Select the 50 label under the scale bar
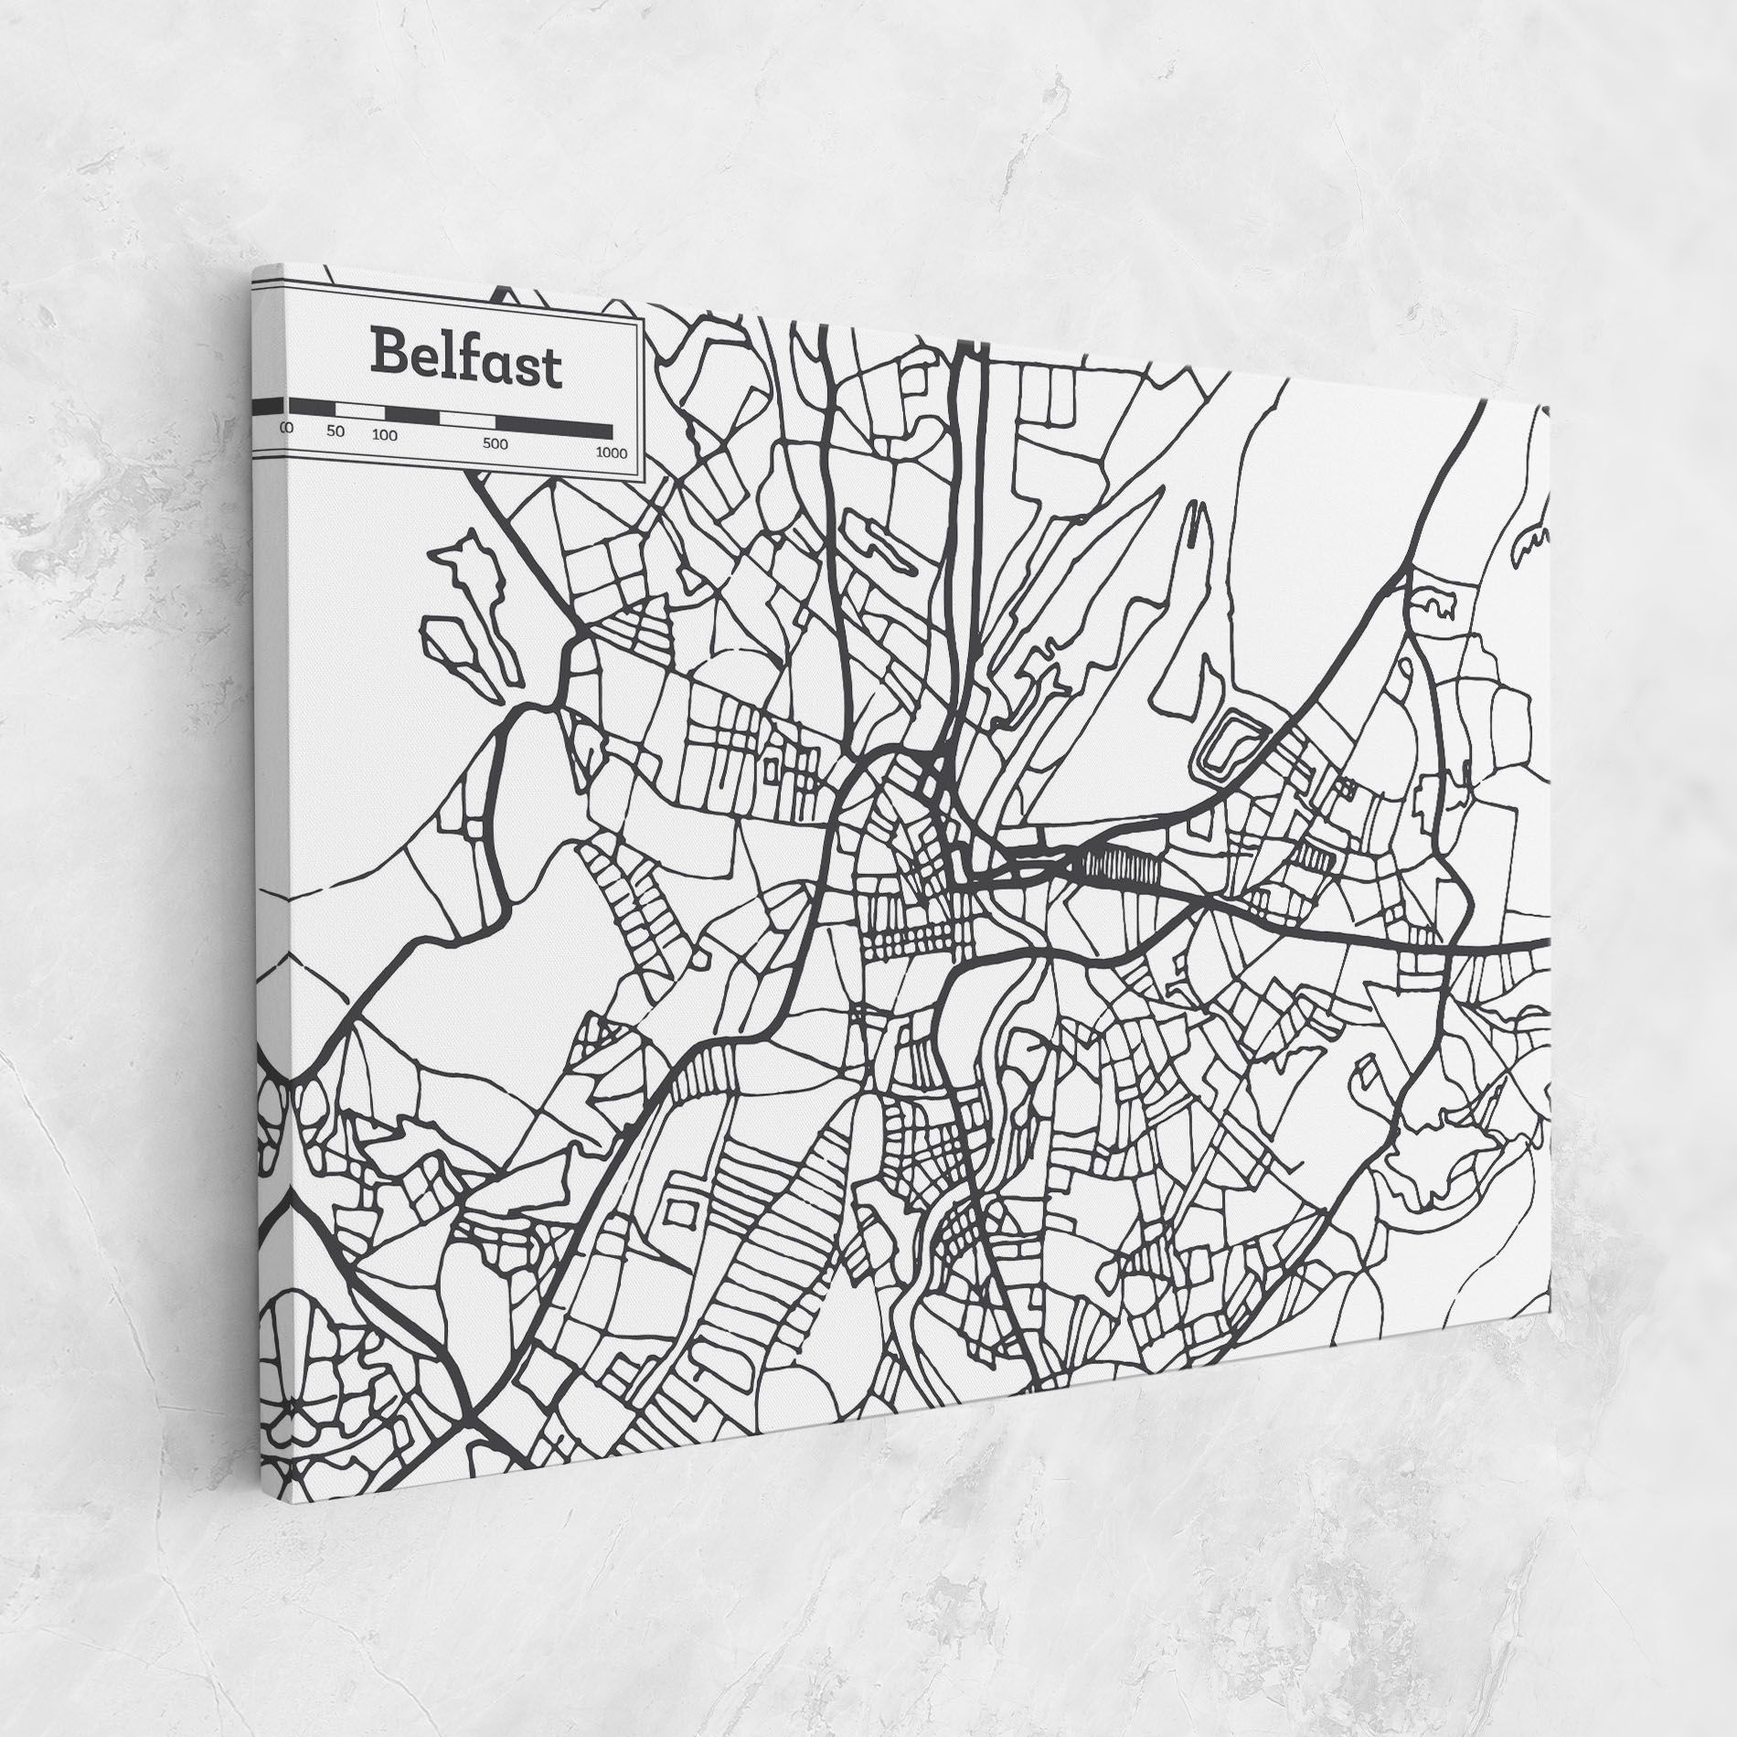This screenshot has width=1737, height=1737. click(x=336, y=432)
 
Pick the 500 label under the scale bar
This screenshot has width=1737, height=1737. click(x=495, y=444)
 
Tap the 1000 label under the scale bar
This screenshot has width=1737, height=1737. click(x=611, y=453)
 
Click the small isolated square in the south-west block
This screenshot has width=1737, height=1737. click(x=677, y=1210)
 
